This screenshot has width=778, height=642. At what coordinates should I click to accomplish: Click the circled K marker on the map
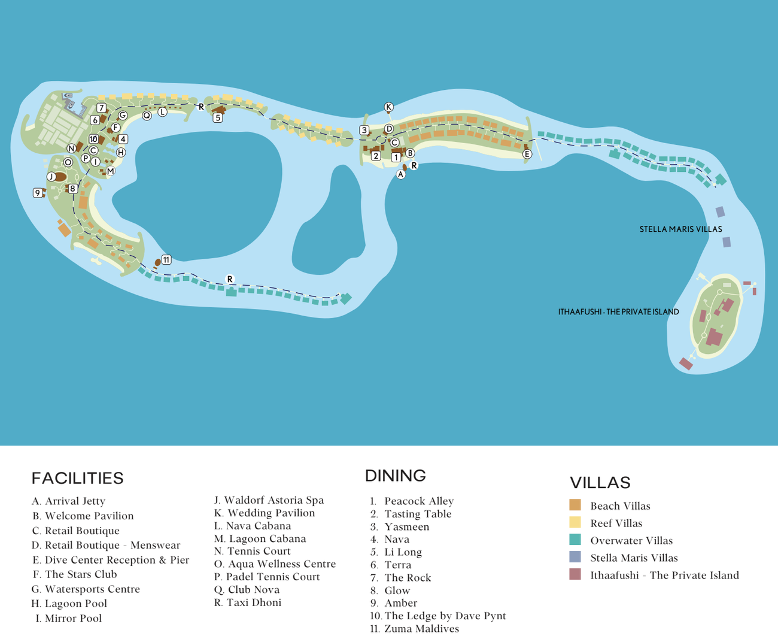pos(388,107)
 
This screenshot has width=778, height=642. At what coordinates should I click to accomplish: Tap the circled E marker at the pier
pos(527,154)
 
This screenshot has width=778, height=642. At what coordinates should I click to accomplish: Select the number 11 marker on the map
pos(166,260)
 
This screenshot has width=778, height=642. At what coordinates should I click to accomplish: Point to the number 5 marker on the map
pos(218,118)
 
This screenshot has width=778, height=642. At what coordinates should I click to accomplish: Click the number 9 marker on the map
pos(38,193)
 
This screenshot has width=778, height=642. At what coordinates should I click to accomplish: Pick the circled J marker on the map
pos(51,177)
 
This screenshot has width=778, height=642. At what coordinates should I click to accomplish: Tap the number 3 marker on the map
pos(364,130)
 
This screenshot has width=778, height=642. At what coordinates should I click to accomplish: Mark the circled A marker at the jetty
pos(401,175)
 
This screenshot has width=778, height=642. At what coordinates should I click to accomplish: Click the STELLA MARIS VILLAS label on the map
pos(680,229)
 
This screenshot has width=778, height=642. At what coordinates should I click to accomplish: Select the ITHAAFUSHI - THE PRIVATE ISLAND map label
pos(618,312)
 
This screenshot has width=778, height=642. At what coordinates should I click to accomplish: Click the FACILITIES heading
pos(77,478)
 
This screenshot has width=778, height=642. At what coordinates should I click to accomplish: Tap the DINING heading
pos(396,476)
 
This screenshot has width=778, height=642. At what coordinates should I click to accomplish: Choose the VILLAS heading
pos(600,483)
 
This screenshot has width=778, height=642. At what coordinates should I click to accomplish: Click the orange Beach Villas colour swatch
pos(575,505)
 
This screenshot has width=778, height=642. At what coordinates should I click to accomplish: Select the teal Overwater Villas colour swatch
pos(575,540)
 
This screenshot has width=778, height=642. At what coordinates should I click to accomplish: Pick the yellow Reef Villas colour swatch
pos(575,522)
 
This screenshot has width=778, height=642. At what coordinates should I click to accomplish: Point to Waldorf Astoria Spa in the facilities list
pos(273,500)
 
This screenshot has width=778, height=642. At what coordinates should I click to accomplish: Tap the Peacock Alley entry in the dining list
pos(419,501)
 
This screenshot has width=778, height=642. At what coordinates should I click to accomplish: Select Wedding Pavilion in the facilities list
pos(271,513)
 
